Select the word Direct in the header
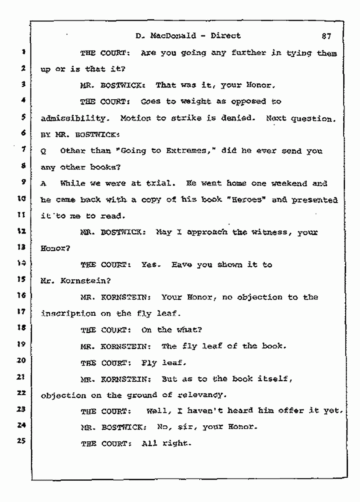225,36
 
